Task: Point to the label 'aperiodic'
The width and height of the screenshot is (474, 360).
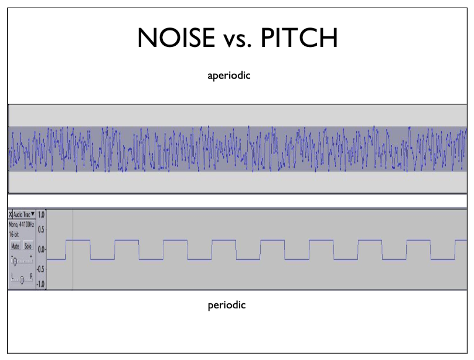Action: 229,75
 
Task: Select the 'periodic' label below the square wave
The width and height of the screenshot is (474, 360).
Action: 227,305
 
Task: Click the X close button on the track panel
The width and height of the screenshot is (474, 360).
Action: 11,215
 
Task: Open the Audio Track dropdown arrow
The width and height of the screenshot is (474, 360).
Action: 33,215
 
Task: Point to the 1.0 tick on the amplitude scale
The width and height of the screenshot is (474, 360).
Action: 41,215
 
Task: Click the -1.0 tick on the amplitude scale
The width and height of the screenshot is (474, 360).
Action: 41,284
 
